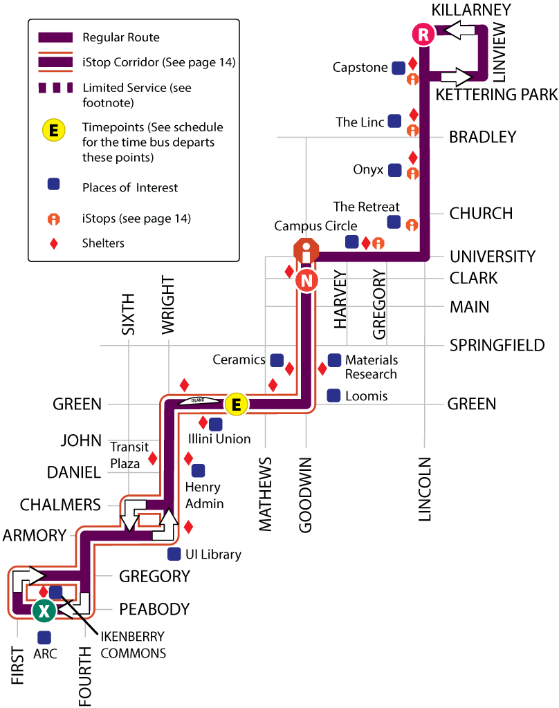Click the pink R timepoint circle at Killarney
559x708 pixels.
[x=423, y=33]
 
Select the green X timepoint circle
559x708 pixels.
[x=44, y=610]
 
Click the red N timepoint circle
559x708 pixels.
[x=306, y=280]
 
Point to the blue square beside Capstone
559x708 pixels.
[x=398, y=68]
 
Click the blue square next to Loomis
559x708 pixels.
[x=333, y=395]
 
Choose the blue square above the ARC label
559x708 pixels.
[x=44, y=637]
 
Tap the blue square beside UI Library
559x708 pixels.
[x=174, y=554]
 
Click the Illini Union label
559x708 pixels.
[x=219, y=438]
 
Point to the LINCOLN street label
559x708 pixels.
[x=425, y=488]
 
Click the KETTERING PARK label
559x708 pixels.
[x=496, y=95]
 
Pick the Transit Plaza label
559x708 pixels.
[x=129, y=455]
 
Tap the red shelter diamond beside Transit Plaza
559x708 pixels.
[x=153, y=458]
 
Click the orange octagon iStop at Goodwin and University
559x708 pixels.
[x=306, y=251]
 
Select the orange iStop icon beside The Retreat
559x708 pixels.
[x=412, y=225]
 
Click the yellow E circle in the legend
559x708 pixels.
[x=53, y=129]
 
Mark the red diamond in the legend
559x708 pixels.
[x=53, y=243]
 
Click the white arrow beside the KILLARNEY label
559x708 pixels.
[x=459, y=30]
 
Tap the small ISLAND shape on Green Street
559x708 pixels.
[x=198, y=400]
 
